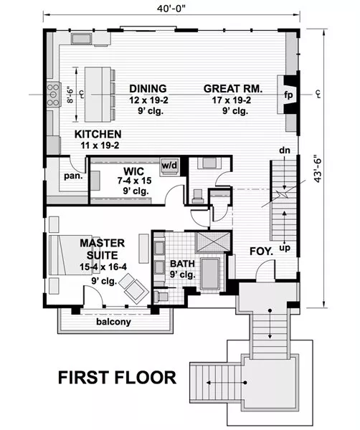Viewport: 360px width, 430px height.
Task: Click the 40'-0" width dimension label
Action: tap(171, 8)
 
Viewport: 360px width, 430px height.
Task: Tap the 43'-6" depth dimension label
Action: tap(318, 168)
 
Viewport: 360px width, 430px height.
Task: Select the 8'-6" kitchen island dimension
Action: tap(70, 95)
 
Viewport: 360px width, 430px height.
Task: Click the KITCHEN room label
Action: tap(98, 134)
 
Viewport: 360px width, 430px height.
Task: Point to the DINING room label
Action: tap(148, 89)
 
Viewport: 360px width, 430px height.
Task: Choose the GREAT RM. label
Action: tap(233, 89)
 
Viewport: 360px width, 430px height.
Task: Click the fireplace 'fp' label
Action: tap(289, 95)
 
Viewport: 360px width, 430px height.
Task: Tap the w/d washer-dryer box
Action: tap(169, 166)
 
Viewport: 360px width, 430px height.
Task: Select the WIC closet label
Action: tap(133, 171)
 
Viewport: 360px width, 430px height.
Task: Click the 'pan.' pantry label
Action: tap(73, 176)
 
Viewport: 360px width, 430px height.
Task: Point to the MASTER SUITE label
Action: tap(103, 249)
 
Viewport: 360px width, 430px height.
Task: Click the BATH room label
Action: tap(182, 264)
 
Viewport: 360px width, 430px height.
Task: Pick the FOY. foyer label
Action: tap(262, 252)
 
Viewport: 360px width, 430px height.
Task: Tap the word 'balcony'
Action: tap(113, 322)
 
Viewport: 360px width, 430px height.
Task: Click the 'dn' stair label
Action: tap(285, 150)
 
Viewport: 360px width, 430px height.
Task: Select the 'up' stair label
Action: tap(285, 248)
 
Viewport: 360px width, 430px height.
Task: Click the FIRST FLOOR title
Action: tap(117, 377)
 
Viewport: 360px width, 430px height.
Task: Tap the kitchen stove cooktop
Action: tap(54, 95)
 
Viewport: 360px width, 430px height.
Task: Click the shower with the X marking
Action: tap(213, 242)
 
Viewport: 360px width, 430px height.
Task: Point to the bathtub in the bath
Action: tap(210, 274)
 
